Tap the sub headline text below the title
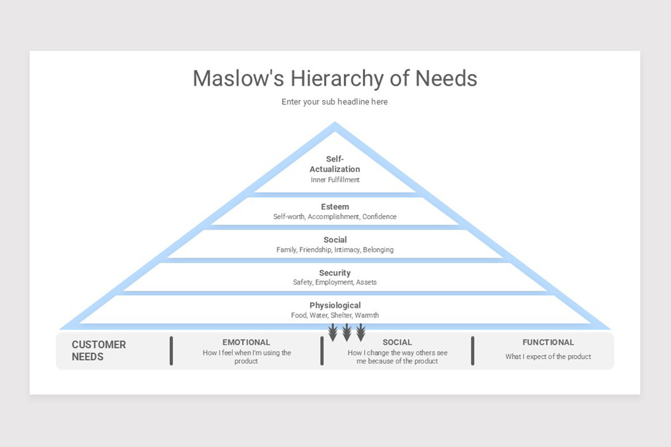(x=334, y=102)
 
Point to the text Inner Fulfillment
(x=335, y=180)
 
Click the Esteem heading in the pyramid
(x=335, y=207)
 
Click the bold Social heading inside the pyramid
(x=335, y=240)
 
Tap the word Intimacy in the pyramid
(x=347, y=250)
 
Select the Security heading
(x=335, y=273)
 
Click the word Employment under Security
(x=334, y=283)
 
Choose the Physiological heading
(x=335, y=305)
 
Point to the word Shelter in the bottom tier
(x=341, y=316)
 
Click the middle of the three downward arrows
(x=347, y=333)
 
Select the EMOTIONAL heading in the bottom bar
(x=246, y=342)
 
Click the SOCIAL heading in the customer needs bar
(x=397, y=342)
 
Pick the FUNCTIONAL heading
(x=548, y=342)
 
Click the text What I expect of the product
(x=548, y=356)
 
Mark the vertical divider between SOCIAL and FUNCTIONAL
(x=472, y=351)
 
